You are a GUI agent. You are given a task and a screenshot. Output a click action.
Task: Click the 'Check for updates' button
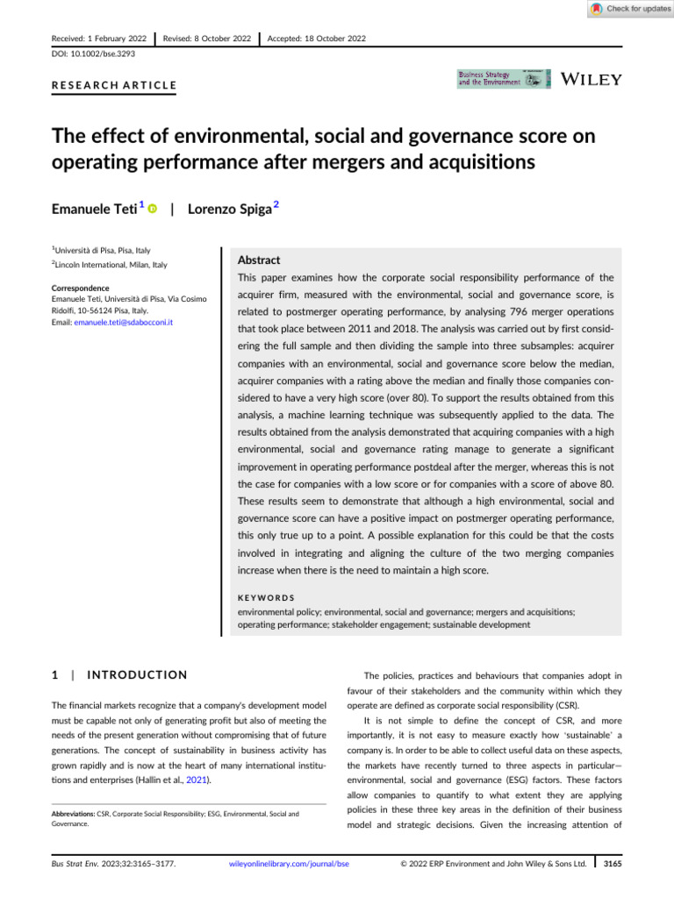(x=628, y=9)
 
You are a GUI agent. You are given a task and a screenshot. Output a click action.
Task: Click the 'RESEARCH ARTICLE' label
(x=109, y=86)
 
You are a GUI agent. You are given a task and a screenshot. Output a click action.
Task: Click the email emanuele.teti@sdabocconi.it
(x=119, y=322)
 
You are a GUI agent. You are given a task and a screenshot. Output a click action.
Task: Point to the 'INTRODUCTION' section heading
(x=128, y=674)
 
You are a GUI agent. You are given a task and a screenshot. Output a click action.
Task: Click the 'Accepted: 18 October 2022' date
(x=317, y=39)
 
